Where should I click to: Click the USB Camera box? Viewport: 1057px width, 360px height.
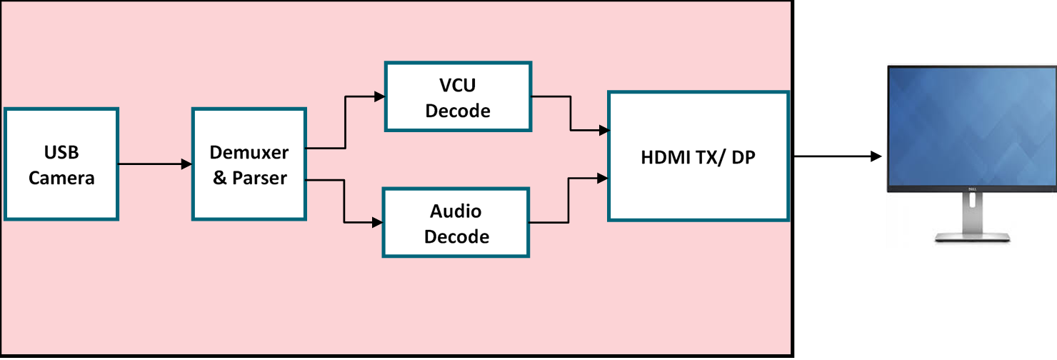pyautogui.click(x=61, y=164)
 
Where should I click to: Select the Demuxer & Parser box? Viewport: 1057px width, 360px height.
pyautogui.click(x=249, y=164)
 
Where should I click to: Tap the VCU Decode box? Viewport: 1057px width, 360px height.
pyautogui.click(x=457, y=97)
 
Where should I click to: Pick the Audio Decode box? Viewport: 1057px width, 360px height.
pyautogui.click(x=456, y=223)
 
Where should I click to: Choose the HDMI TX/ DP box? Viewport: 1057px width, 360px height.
pyautogui.click(x=698, y=156)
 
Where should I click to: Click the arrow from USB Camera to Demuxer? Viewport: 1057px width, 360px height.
pyautogui.click(x=154, y=164)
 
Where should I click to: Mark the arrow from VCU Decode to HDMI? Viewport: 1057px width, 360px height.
pyautogui.click(x=570, y=114)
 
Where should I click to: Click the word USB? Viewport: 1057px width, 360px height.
pyautogui.click(x=61, y=152)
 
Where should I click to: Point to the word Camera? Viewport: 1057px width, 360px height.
pyautogui.click(x=61, y=177)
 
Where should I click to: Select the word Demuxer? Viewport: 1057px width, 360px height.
pyautogui.click(x=249, y=152)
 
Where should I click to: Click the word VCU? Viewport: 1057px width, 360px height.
pyautogui.click(x=457, y=85)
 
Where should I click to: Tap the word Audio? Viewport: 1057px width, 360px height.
pyautogui.click(x=456, y=211)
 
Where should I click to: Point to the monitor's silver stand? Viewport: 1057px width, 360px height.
pyautogui.click(x=971, y=221)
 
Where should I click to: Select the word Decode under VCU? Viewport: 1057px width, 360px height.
pyautogui.click(x=457, y=110)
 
